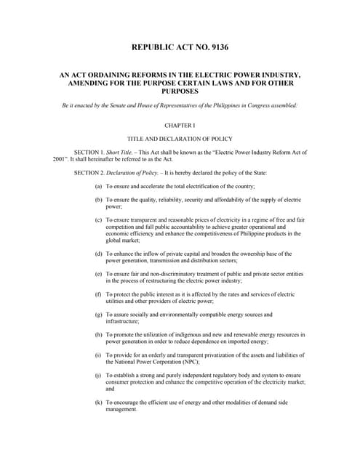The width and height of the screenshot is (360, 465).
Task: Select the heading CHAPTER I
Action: pyautogui.click(x=180, y=125)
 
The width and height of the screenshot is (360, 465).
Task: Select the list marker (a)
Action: pyautogui.click(x=98, y=187)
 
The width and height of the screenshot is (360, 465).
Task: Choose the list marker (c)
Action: pyautogui.click(x=98, y=219)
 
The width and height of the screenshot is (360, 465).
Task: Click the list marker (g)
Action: pyautogui.click(x=98, y=314)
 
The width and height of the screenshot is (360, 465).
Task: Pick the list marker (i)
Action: pyautogui.click(x=98, y=355)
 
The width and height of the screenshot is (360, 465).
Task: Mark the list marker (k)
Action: pyautogui.click(x=98, y=401)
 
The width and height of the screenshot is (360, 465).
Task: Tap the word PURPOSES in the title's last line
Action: pyautogui.click(x=180, y=92)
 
